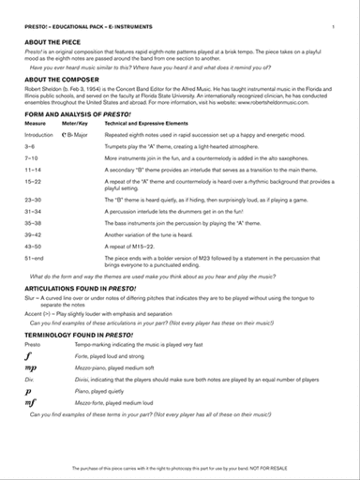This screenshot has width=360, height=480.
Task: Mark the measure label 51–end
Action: point(35,257)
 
